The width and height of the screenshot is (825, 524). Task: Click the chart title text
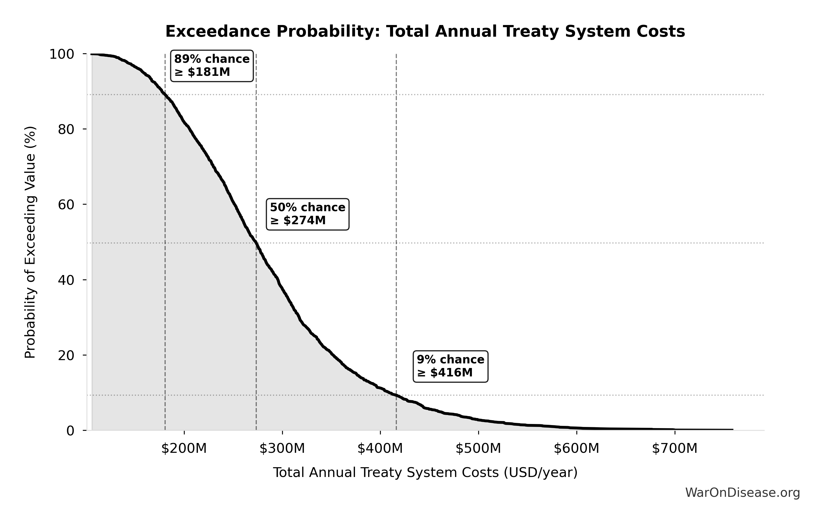click(425, 32)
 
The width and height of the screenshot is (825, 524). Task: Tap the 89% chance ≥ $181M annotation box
click(212, 66)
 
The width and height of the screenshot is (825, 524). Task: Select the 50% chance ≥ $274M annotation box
click(308, 214)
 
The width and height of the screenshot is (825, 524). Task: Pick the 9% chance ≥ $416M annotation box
click(450, 366)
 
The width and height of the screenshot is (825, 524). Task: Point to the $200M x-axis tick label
click(184, 448)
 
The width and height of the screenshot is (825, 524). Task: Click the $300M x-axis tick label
click(282, 448)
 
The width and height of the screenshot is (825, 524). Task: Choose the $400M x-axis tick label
click(380, 448)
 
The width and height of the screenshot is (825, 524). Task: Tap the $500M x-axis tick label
click(478, 448)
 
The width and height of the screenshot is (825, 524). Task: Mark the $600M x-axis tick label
click(577, 448)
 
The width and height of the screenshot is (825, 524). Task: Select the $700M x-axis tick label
click(675, 448)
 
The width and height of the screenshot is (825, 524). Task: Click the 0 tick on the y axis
click(70, 431)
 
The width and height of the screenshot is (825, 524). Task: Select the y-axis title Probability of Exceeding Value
click(30, 242)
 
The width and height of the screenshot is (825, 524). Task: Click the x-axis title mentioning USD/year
click(425, 473)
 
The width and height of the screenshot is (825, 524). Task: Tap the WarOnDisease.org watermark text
click(742, 492)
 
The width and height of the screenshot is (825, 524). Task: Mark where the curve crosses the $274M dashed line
click(256, 243)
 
